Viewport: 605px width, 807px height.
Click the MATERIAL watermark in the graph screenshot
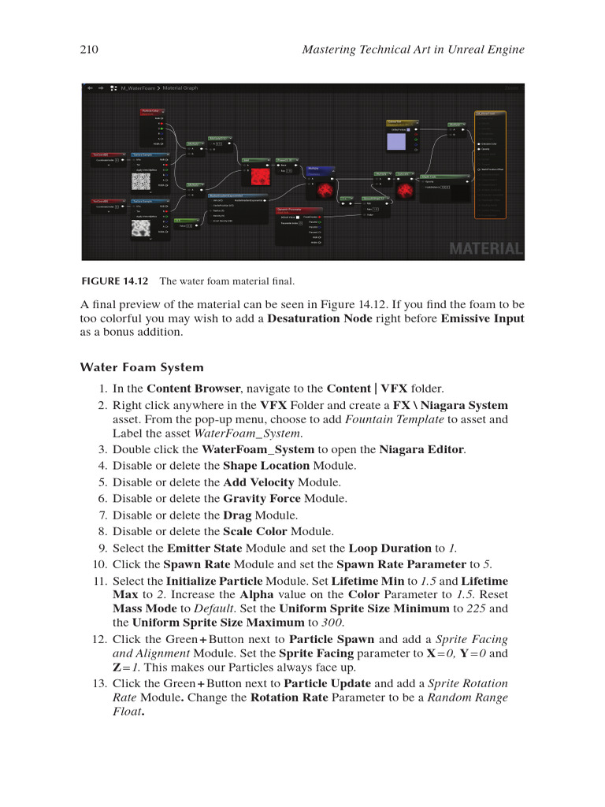click(485, 249)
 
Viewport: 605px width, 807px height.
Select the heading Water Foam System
click(142, 367)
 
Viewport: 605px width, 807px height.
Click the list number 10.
click(99, 563)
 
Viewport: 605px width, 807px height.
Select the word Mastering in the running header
click(331, 50)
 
